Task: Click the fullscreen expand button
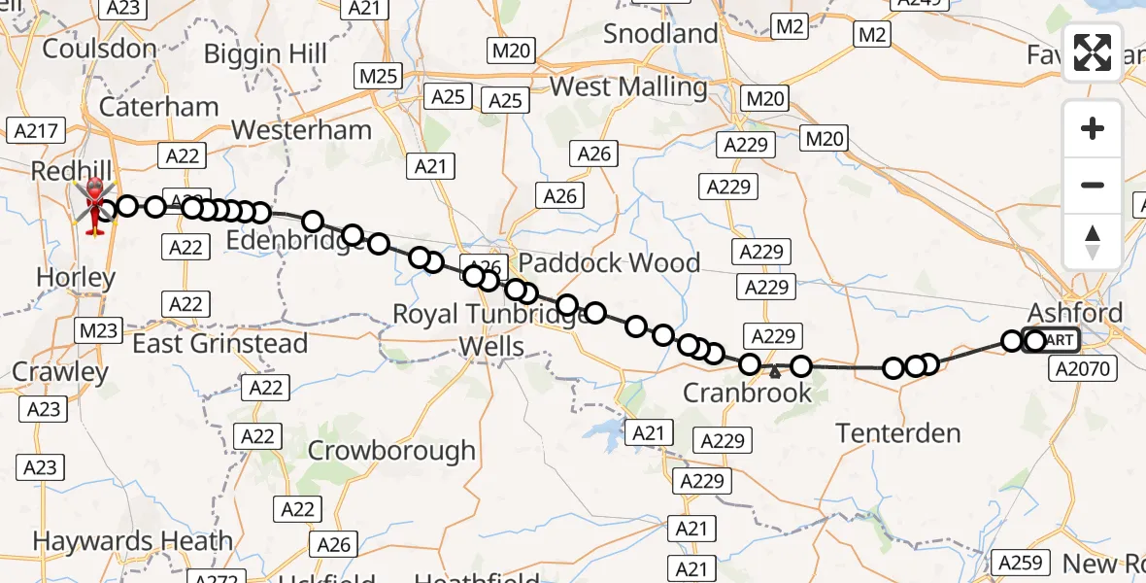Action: point(1093,52)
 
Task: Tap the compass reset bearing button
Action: point(1093,242)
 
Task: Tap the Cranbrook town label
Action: point(747,393)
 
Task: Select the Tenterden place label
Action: point(898,433)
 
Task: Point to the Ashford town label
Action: point(1075,313)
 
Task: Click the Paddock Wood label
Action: point(609,263)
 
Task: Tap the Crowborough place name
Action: point(391,451)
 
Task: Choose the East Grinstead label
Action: point(219,344)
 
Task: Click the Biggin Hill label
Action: point(266,54)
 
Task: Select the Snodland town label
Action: point(660,34)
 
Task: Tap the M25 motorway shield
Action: point(378,75)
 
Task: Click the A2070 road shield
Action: point(1087,369)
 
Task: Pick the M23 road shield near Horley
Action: point(98,330)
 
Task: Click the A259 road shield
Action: point(1019,563)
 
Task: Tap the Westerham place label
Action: point(301,130)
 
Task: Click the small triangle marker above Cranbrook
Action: point(774,371)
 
